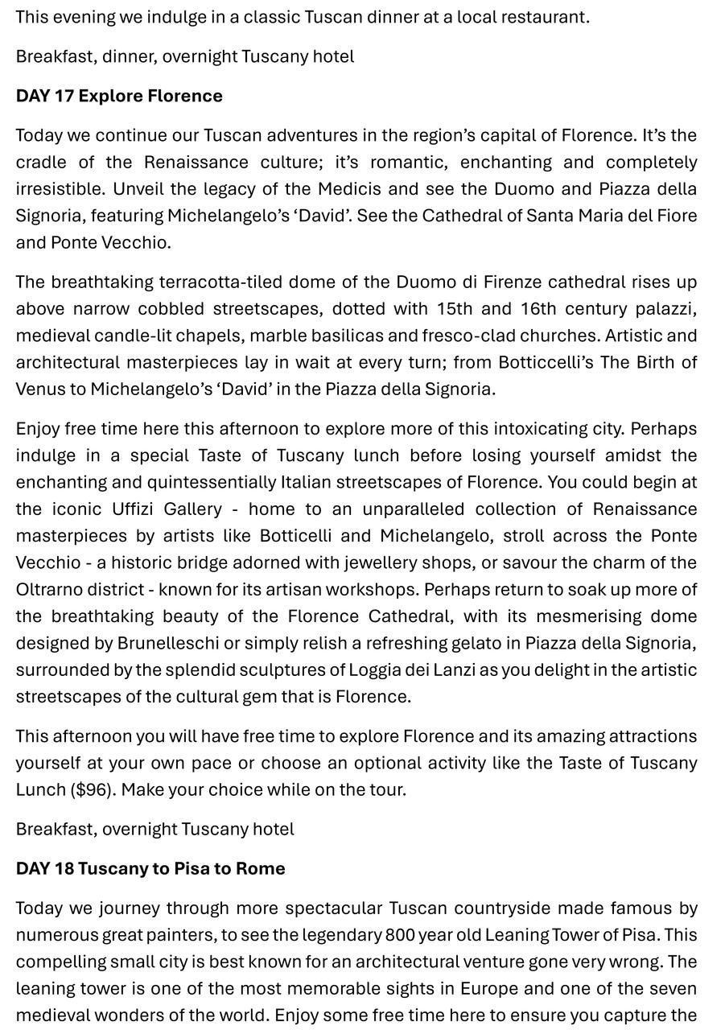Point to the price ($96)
[93, 789]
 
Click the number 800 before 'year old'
[399, 935]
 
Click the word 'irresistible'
[60, 189]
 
